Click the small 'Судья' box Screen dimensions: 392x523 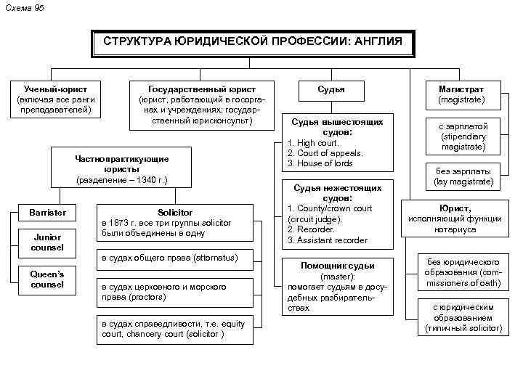coord(331,89)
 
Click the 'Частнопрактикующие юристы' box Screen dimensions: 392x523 coord(122,168)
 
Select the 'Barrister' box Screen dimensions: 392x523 coord(47,212)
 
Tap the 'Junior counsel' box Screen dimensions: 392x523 coord(47,242)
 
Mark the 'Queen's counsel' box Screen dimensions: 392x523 coord(47,279)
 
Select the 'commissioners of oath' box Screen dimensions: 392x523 coord(462,273)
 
